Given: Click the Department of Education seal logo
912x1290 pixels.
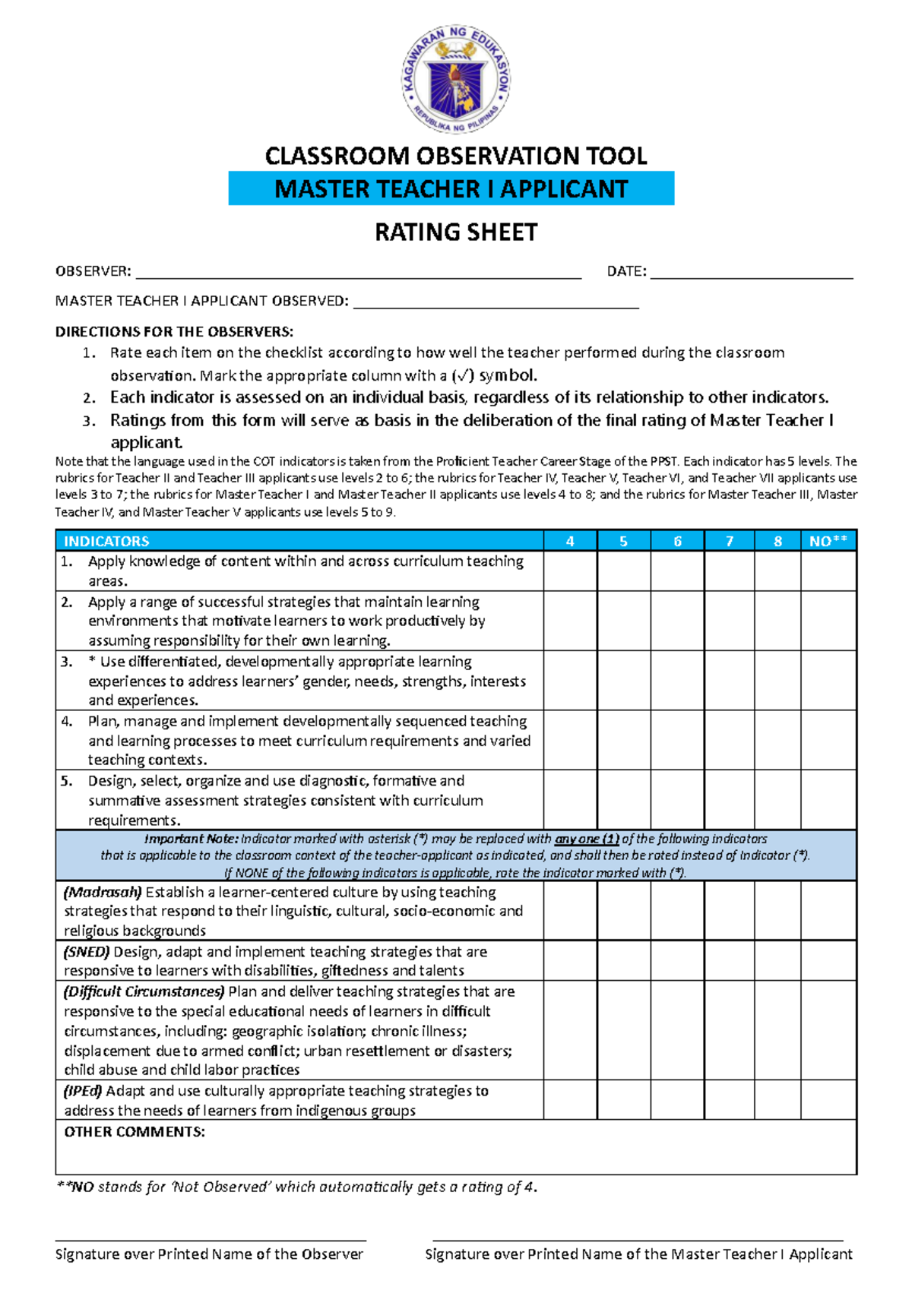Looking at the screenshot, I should (456, 78).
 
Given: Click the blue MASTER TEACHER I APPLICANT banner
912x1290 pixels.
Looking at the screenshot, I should (451, 188).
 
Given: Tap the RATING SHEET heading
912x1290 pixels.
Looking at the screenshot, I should (456, 232).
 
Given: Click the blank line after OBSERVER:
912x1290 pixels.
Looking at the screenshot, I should (357, 275).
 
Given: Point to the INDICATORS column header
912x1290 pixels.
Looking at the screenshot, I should (106, 541).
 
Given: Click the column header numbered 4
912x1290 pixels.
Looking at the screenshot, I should (570, 541).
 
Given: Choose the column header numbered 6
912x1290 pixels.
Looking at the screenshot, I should (677, 541).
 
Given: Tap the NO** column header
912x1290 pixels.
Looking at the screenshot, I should (828, 541).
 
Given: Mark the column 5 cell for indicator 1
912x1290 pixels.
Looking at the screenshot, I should (623, 571).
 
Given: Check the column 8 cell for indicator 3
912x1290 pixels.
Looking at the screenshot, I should (777, 680).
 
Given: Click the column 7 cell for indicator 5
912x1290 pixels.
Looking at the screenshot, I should (729, 799).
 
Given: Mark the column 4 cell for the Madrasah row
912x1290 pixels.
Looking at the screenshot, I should (570, 910).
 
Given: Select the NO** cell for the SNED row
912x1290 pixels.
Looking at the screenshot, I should (828, 960).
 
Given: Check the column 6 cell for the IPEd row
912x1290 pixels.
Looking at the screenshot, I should (677, 1099).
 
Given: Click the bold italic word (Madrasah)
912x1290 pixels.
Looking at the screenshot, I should (103, 892).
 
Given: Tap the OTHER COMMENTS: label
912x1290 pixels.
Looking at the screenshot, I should (135, 1132).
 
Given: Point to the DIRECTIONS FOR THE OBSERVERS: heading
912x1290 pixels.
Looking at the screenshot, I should (174, 331).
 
